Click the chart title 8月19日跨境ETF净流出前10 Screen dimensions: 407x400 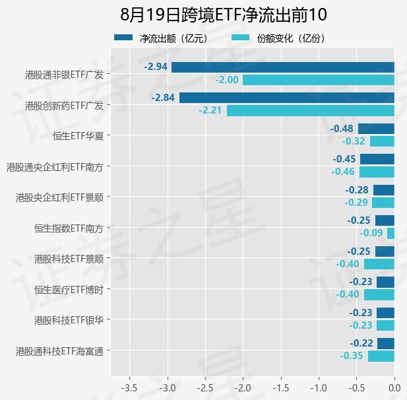[x=223, y=15]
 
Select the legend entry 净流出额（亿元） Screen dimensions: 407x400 [x=161, y=38]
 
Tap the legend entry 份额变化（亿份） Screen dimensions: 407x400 [x=278, y=38]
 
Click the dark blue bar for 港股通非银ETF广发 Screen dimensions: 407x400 [x=283, y=67]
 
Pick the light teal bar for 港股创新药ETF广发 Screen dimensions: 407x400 [x=311, y=111]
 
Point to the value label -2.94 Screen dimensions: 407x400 [x=156, y=67]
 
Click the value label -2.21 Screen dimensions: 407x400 [x=210, y=110]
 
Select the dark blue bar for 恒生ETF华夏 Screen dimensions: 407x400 [x=377, y=129]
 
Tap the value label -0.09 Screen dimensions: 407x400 [x=371, y=233]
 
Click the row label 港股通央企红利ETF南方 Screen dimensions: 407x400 [x=55, y=167]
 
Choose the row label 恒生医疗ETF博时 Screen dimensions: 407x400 [x=69, y=290]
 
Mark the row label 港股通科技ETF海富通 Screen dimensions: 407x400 [x=60, y=351]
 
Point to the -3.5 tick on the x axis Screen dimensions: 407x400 [x=129, y=388]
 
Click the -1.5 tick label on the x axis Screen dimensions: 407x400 [x=281, y=388]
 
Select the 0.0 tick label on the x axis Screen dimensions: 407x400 [x=394, y=388]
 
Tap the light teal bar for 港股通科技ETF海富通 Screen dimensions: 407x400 [x=381, y=356]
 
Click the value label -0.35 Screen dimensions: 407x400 [x=351, y=356]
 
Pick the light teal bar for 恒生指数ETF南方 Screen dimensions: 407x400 [x=391, y=233]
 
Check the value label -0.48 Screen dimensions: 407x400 [x=342, y=129]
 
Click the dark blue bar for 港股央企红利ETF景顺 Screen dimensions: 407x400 [x=384, y=190]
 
